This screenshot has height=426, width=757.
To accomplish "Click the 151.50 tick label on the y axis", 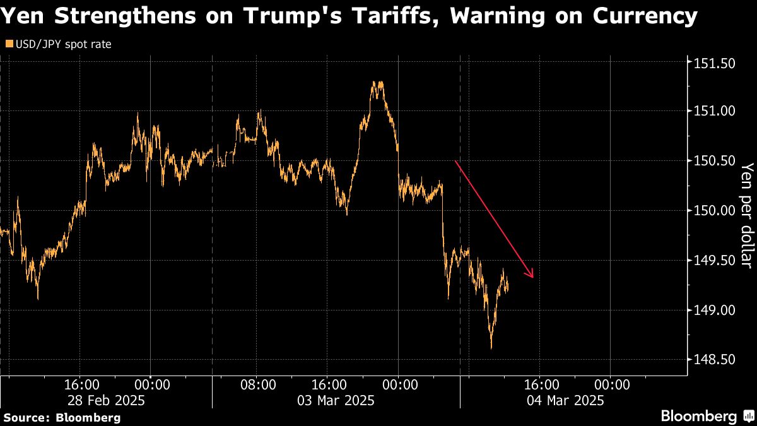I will click(714, 63).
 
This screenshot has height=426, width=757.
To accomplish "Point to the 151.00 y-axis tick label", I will click(714, 111).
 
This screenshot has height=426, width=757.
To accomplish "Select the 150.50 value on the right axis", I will click(714, 161).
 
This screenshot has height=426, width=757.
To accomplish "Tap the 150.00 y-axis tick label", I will click(714, 211).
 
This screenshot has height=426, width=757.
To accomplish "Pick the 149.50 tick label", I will click(714, 261).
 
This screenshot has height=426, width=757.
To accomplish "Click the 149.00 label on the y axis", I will click(714, 311).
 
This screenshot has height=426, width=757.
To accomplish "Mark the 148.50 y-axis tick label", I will click(714, 360).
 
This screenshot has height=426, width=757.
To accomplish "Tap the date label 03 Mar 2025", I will click(337, 400).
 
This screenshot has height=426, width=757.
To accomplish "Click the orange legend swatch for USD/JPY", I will click(8, 45).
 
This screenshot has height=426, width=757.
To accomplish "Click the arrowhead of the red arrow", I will click(532, 275).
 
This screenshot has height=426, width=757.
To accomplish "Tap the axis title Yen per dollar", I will click(746, 215).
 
